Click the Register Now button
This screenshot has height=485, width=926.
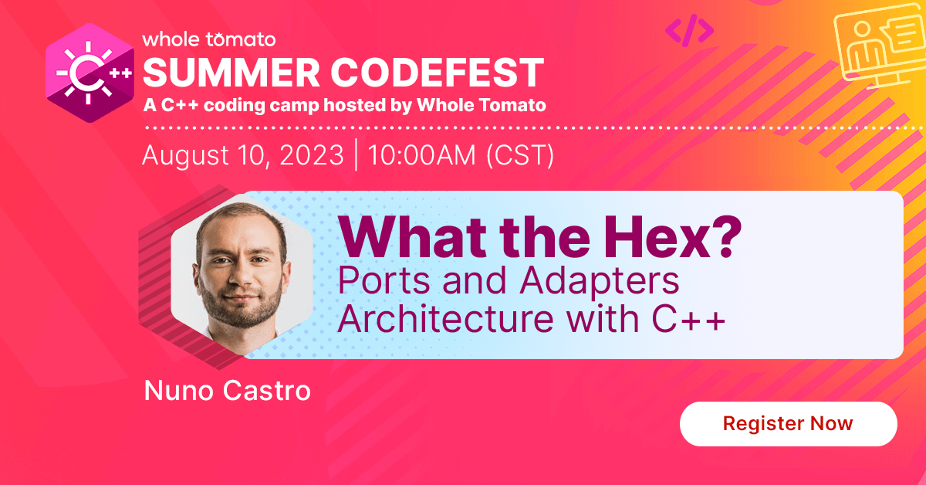788,423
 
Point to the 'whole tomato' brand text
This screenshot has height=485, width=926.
208,39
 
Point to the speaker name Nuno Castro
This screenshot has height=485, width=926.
227,390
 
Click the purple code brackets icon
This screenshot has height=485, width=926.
689,30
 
